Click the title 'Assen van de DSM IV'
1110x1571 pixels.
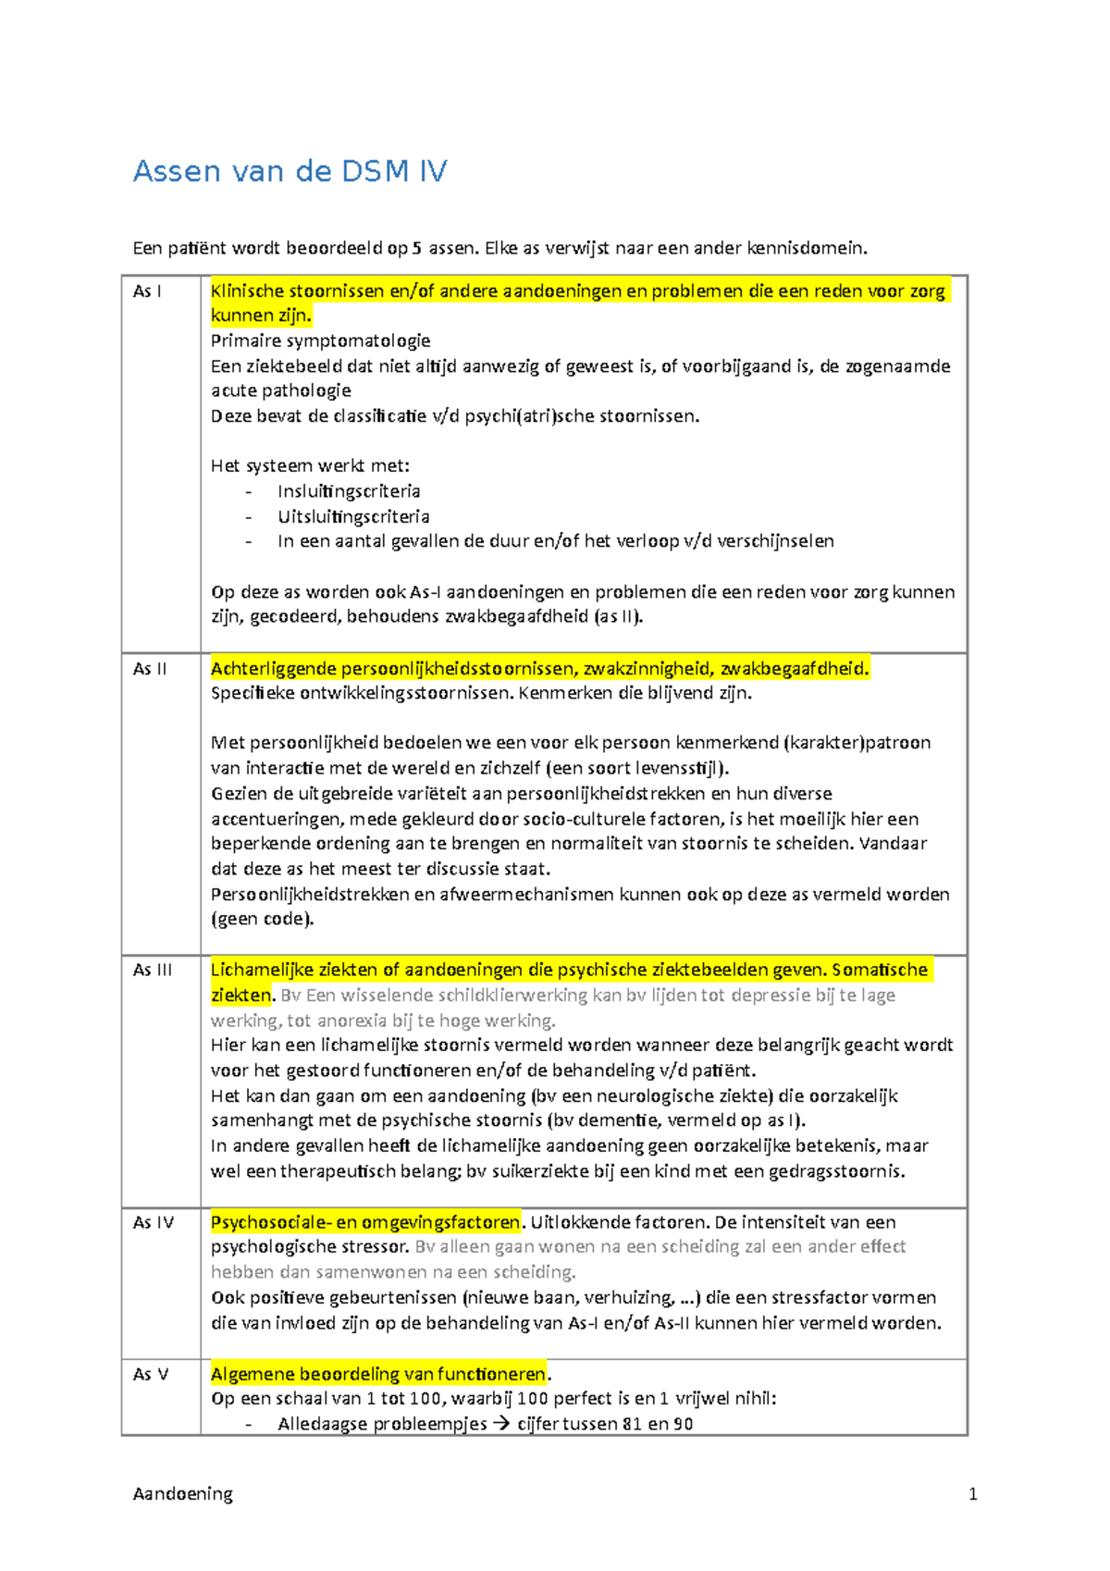tap(290, 171)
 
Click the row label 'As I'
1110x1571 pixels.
tap(146, 291)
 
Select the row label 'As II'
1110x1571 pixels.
tap(149, 669)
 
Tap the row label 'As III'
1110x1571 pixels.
tap(152, 971)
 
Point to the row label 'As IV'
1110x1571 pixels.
tap(153, 1223)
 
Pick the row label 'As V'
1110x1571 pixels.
tap(150, 1375)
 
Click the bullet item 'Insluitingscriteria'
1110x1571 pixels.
tap(349, 491)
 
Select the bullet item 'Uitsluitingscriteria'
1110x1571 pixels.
tap(353, 516)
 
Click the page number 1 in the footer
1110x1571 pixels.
tap(972, 1494)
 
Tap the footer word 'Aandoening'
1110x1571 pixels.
tap(182, 1494)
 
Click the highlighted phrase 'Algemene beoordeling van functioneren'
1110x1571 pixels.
tap(379, 1374)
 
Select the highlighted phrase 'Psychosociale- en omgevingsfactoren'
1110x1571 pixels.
tap(365, 1222)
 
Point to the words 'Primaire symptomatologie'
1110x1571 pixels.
tap(320, 340)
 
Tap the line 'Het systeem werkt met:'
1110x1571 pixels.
tap(310, 465)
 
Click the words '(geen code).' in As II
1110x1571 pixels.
tap(263, 919)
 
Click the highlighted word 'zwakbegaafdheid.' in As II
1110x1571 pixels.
tap(795, 669)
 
